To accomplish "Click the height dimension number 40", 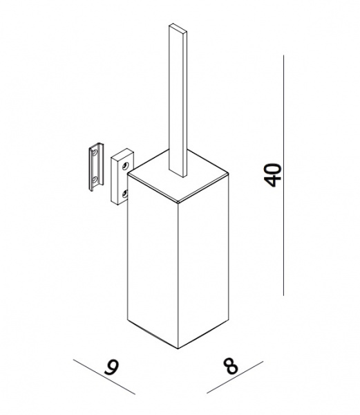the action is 272,175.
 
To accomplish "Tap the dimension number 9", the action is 111,367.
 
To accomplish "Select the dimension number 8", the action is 230,366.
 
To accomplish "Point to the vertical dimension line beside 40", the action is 283,175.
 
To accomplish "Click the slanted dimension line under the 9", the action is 104,377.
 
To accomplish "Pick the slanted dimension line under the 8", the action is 235,377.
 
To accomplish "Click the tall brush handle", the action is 178,100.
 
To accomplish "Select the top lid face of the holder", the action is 178,176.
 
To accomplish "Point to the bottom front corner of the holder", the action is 178,349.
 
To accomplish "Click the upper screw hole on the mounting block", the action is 125,166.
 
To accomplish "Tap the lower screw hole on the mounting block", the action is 124,194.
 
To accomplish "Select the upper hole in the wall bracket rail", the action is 95,152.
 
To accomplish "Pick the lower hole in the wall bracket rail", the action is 95,181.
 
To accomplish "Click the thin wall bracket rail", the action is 96,167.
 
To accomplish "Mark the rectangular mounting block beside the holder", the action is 122,176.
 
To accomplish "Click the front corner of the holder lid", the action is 178,203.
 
